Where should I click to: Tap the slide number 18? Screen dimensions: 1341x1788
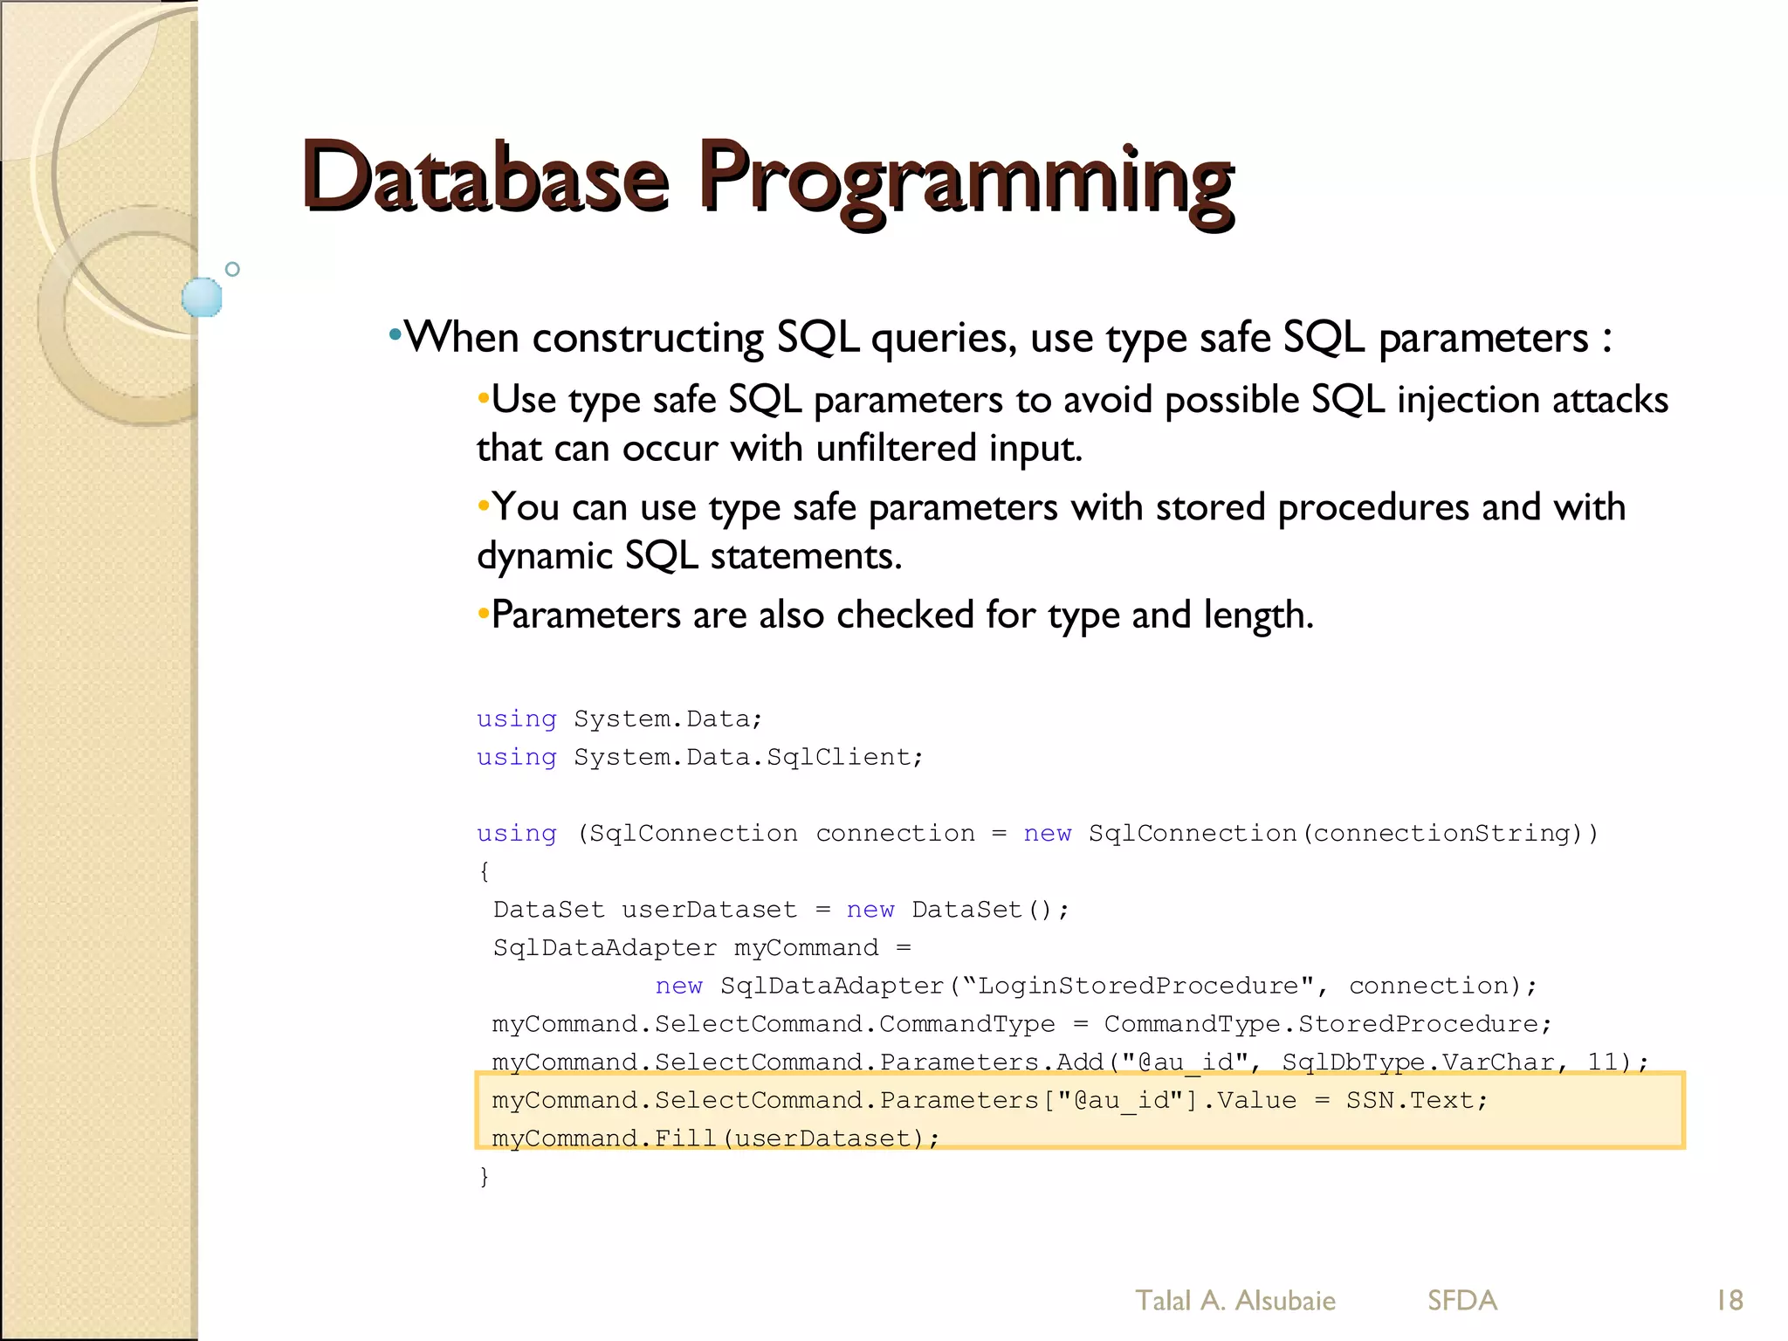point(1729,1300)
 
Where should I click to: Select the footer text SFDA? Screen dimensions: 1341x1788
point(1462,1300)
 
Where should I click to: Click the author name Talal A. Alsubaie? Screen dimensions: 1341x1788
point(1234,1300)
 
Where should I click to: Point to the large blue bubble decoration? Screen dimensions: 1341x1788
point(202,297)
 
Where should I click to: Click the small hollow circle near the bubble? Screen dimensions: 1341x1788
point(232,269)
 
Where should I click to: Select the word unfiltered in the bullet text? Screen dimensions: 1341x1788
point(896,448)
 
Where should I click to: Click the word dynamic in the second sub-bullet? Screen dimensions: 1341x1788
point(544,556)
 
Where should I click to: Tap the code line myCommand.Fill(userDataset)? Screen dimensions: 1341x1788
point(715,1138)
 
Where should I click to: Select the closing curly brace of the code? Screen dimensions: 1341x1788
point(485,1176)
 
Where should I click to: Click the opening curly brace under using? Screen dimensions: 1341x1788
point(485,870)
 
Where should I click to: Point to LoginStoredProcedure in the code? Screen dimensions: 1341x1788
point(1138,986)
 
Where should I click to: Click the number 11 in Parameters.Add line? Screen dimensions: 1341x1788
point(1602,1062)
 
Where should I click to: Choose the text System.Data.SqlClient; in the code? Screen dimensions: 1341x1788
point(747,757)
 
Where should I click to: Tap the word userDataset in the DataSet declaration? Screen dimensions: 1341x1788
point(709,910)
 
